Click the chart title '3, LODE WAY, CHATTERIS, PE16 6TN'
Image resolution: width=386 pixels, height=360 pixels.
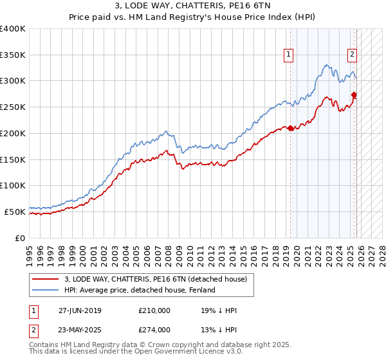click(192, 7)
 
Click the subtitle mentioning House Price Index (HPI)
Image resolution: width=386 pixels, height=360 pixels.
click(192, 18)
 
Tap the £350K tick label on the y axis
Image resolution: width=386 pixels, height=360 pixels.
click(13, 55)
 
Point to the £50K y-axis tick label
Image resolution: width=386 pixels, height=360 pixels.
click(15, 211)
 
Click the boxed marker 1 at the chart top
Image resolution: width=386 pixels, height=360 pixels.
click(289, 55)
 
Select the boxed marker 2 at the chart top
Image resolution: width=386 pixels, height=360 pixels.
click(353, 55)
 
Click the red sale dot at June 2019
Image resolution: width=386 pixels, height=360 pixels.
click(290, 128)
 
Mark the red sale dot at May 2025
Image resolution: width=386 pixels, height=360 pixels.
click(354, 95)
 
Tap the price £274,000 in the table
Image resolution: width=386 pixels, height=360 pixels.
click(154, 330)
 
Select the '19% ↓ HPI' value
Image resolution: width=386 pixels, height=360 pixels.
click(219, 310)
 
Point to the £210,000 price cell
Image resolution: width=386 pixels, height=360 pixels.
click(154, 310)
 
